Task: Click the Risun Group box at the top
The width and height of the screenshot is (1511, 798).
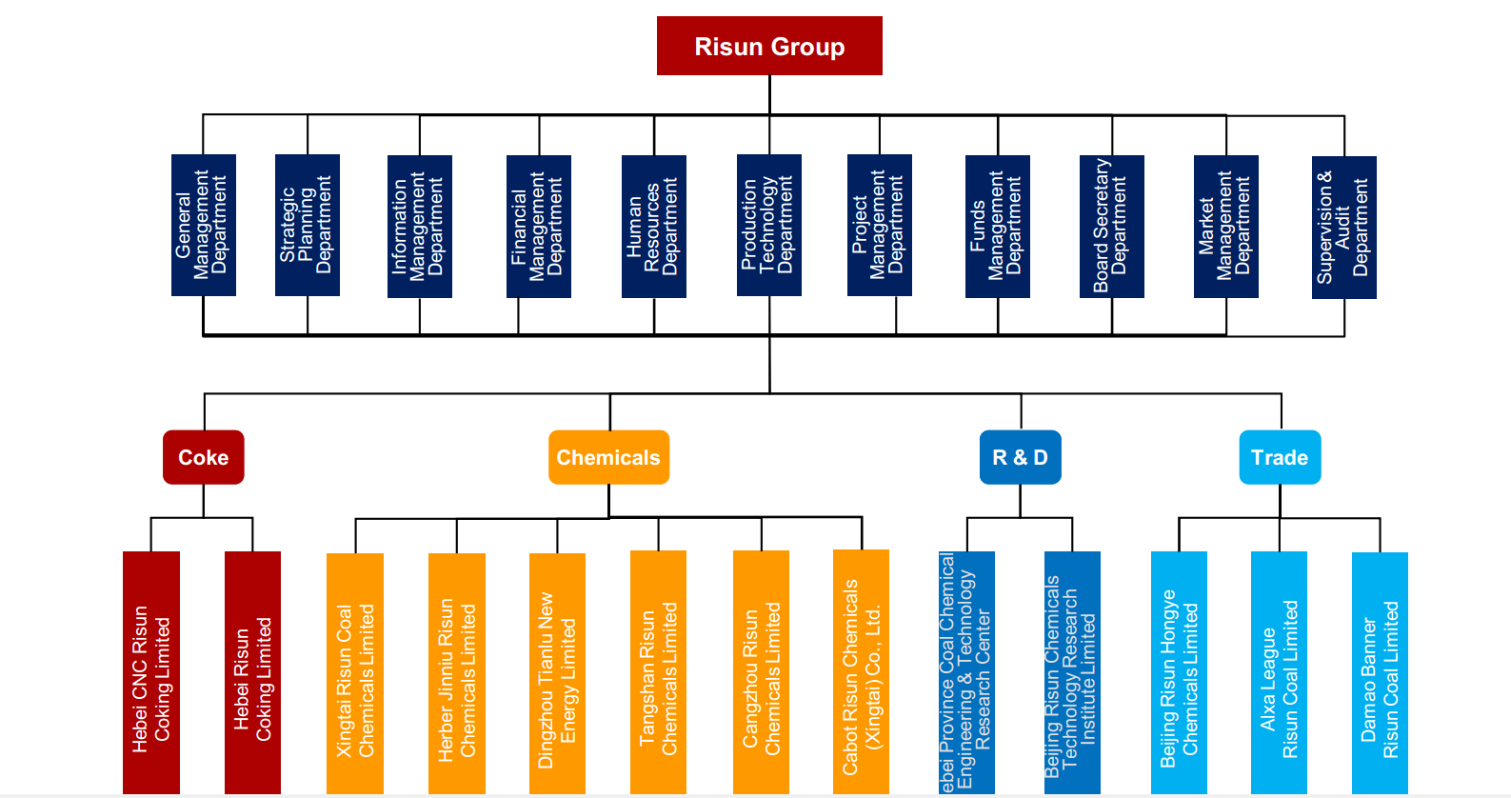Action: [769, 46]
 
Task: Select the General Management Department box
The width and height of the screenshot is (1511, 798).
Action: [203, 225]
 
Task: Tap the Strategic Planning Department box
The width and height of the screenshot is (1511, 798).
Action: [307, 225]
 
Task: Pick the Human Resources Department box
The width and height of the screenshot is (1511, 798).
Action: [653, 226]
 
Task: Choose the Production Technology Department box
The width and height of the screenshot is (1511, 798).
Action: [769, 225]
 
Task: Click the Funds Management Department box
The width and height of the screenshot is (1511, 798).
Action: [997, 226]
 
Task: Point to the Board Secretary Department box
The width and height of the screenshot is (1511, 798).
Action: [1111, 226]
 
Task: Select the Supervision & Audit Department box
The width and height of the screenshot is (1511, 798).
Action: [1343, 227]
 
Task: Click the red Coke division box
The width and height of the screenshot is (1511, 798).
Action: [203, 457]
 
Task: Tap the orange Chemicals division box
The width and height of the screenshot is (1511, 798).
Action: [608, 457]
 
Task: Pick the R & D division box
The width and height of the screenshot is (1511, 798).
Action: [1020, 457]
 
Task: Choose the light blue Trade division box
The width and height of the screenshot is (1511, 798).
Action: [1280, 457]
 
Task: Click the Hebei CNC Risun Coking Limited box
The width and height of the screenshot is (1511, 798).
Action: [151, 672]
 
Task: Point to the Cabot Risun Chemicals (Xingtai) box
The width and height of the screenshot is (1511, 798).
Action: [861, 671]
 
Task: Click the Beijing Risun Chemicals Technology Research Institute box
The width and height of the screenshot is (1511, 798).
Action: [1072, 672]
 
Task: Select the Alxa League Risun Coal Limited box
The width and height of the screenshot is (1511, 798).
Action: [1279, 672]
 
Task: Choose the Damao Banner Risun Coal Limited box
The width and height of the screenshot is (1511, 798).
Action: [1380, 672]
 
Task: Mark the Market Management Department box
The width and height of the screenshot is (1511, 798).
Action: [1225, 226]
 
